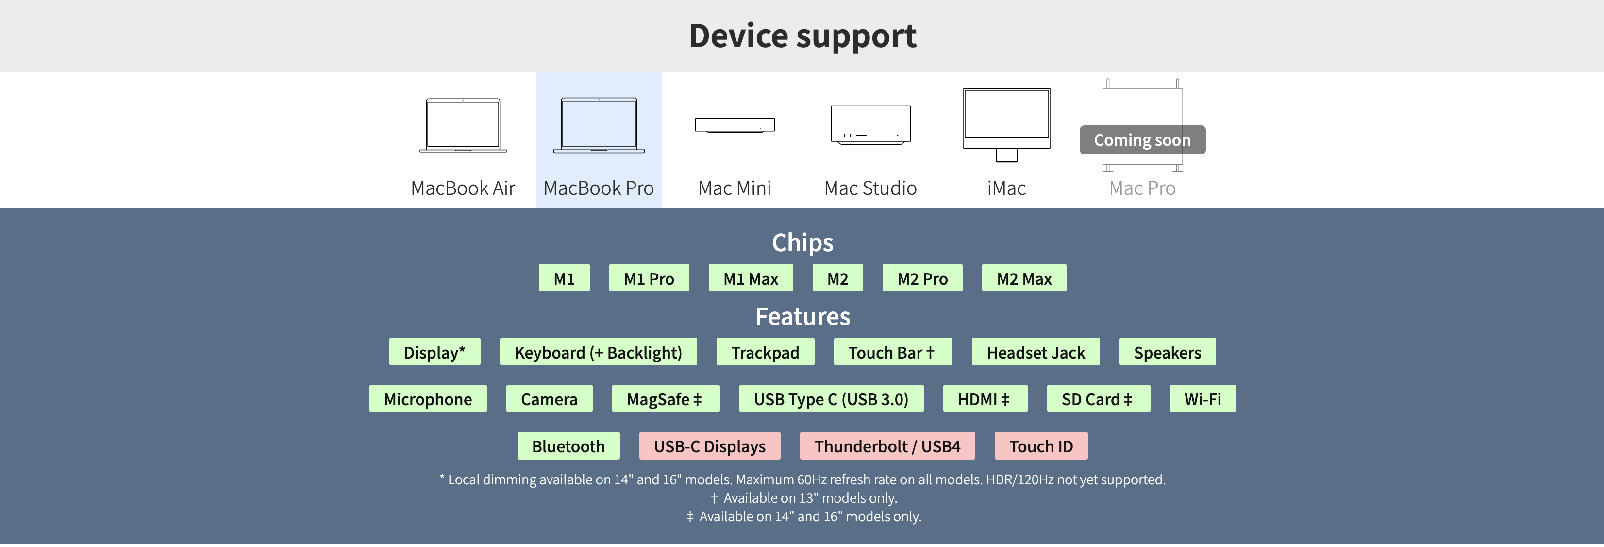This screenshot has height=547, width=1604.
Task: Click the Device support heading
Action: tap(802, 35)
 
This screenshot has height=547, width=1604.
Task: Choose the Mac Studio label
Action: tap(870, 188)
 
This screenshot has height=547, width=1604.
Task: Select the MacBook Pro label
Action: tap(599, 188)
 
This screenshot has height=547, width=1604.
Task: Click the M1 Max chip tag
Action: tap(751, 278)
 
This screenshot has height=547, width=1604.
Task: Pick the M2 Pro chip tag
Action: tap(922, 278)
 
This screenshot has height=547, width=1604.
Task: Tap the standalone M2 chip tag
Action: tap(837, 278)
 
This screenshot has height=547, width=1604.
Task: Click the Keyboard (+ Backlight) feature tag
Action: tap(598, 353)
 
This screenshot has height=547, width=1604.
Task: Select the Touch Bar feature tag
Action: tap(892, 353)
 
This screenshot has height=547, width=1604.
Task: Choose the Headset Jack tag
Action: tap(1036, 353)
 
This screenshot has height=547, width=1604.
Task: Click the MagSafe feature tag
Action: tap(665, 399)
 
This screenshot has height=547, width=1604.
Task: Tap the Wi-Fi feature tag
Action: tap(1203, 399)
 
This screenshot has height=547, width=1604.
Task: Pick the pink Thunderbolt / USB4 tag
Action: tap(887, 446)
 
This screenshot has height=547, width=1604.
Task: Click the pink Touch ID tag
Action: tap(1041, 446)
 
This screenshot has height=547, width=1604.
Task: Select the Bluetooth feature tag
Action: tap(568, 446)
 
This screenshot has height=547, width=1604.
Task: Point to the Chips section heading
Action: tap(802, 242)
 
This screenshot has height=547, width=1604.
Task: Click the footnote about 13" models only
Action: tap(803, 498)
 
